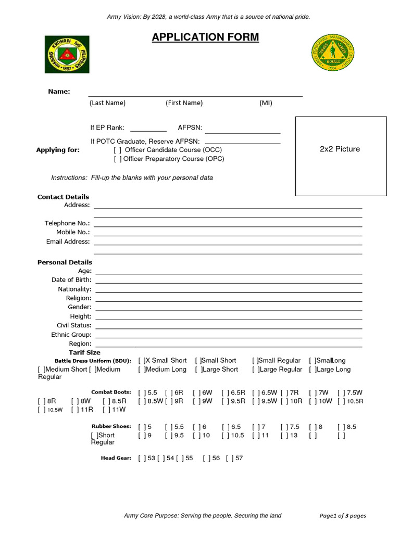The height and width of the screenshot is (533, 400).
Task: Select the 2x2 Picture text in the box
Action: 340,149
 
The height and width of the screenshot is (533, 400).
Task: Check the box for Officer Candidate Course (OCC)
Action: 117,150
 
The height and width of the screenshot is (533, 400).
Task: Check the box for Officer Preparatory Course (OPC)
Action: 117,159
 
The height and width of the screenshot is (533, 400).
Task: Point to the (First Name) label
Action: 184,103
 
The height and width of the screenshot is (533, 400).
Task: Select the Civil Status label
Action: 74,325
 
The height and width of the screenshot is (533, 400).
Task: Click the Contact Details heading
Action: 63,197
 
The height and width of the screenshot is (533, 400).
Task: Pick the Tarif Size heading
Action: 84,352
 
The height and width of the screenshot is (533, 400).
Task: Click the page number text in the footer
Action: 343,516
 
